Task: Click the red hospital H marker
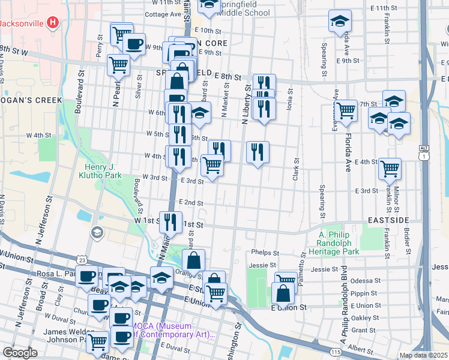[x=53, y=23]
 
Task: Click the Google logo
[x=20, y=352]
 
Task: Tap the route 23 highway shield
[x=82, y=259]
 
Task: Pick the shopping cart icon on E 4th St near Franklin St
[x=390, y=168]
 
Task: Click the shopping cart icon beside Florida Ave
[x=346, y=110]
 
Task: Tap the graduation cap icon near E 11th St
[x=340, y=20]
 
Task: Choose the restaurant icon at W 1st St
[x=170, y=221]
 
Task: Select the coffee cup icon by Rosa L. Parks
[x=88, y=276]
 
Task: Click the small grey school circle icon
[x=96, y=232]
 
